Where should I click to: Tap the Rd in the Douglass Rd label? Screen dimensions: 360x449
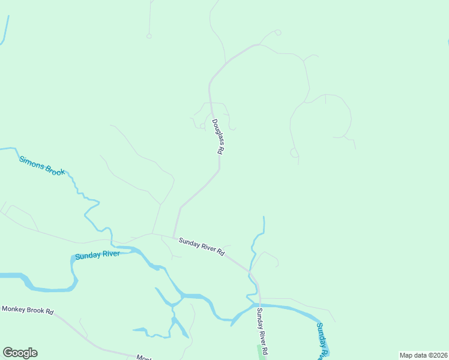(x=220, y=151)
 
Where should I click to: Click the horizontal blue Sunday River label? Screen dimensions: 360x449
(x=97, y=255)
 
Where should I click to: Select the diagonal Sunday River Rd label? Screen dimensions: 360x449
(x=201, y=246)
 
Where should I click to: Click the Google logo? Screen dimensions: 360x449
(x=20, y=353)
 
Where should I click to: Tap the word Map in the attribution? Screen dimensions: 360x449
(x=406, y=355)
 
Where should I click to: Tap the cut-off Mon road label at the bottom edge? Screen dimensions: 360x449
(x=143, y=357)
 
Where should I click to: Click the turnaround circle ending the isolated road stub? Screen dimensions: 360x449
(x=149, y=36)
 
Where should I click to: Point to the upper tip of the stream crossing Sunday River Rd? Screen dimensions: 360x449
(x=264, y=217)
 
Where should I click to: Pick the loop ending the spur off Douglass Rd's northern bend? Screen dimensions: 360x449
(x=277, y=32)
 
